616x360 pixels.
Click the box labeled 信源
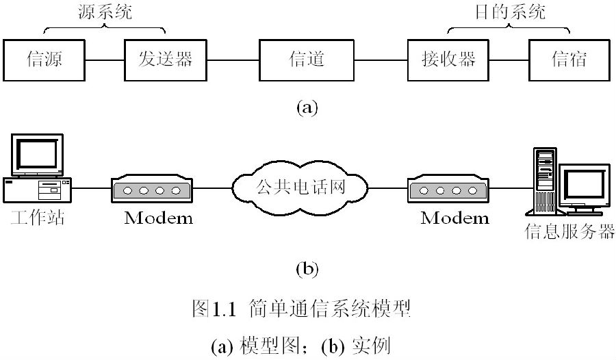click(x=44, y=60)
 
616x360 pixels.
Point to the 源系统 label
click(x=104, y=12)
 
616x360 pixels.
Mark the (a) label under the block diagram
click(x=306, y=107)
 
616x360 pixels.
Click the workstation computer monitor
click(x=38, y=154)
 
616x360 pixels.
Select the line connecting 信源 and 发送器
click(x=105, y=60)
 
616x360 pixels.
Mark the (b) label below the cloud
click(x=306, y=269)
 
